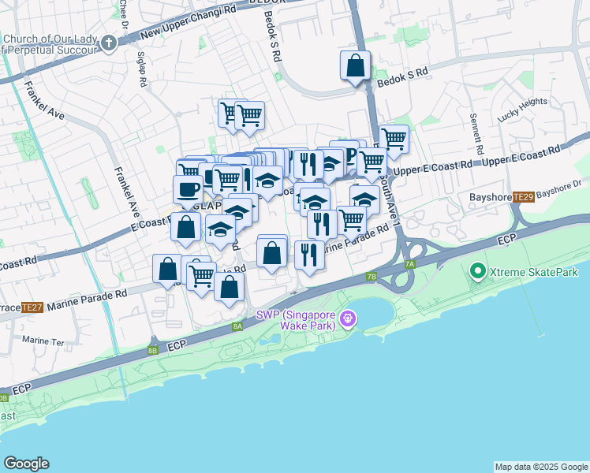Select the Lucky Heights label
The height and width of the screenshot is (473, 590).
[x=522, y=108]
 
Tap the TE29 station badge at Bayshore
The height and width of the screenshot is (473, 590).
[x=523, y=196]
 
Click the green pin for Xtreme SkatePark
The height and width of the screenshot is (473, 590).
[x=477, y=272]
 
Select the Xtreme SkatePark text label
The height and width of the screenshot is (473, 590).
[x=534, y=272]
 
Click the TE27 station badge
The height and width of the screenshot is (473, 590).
[x=32, y=307]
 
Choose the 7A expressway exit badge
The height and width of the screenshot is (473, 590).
[x=409, y=265]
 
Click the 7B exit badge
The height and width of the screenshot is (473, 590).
[x=372, y=277]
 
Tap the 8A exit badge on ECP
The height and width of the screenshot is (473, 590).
[x=237, y=326]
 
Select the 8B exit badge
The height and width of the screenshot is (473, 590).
[x=153, y=349]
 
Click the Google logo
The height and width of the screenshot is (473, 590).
[x=26, y=464]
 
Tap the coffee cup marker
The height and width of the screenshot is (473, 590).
[x=188, y=189]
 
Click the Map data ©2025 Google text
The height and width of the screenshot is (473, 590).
[x=541, y=467]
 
